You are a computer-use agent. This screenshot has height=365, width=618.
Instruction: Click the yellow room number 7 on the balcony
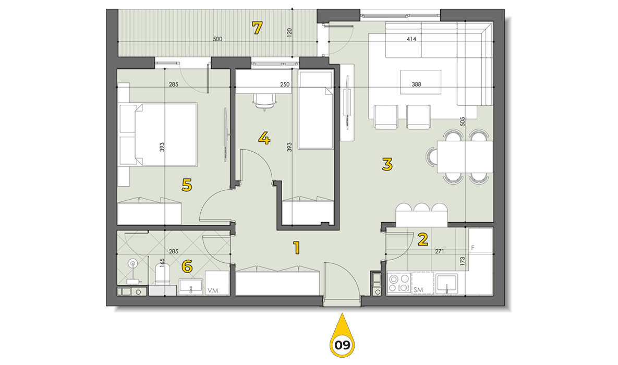(257, 28)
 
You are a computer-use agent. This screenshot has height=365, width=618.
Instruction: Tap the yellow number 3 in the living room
(387, 164)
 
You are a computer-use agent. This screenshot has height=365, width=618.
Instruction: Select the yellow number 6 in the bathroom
(187, 267)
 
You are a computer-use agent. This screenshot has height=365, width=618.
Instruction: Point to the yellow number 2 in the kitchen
(422, 239)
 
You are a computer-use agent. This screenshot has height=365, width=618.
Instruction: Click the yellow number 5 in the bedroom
(187, 185)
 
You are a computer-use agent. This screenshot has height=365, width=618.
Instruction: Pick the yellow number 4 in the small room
(264, 138)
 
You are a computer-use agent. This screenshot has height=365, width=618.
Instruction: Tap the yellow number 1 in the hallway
(297, 248)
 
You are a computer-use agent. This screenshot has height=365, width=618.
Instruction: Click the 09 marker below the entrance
(342, 345)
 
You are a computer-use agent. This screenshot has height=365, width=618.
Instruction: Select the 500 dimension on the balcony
(217, 39)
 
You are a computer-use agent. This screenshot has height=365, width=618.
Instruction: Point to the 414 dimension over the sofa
(411, 39)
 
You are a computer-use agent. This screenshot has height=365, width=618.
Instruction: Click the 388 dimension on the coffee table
(416, 84)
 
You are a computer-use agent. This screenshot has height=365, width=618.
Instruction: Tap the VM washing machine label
(213, 290)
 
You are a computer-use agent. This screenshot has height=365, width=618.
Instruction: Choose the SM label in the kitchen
(419, 290)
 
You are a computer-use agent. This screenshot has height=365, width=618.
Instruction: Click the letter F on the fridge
(473, 248)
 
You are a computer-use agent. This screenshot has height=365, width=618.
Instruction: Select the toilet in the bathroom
(162, 275)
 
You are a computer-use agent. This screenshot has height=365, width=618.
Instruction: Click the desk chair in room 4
(264, 102)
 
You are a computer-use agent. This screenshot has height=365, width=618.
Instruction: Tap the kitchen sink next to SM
(446, 284)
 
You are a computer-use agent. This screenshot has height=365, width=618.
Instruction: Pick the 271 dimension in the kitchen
(440, 251)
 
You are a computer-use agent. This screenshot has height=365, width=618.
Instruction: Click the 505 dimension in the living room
(463, 121)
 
